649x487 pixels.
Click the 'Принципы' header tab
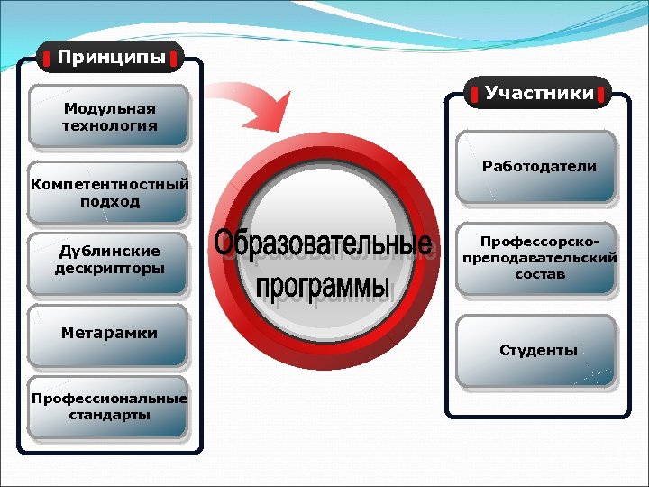tap(111, 58)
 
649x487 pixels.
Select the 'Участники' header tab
tap(539, 92)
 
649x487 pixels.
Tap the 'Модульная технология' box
tap(109, 116)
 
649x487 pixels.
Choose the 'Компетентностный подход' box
tap(109, 192)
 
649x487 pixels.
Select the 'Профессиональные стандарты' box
tap(109, 407)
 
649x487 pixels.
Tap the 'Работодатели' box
tap(538, 167)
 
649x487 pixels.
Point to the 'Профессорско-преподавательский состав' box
tap(538, 259)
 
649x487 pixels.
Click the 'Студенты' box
tap(538, 350)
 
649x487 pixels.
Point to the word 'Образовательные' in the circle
tap(323, 244)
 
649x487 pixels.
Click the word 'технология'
tap(109, 125)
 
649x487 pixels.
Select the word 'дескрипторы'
tap(109, 269)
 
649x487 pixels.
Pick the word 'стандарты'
tap(109, 416)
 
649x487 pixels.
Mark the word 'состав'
tap(539, 274)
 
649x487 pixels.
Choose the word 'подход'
tap(109, 201)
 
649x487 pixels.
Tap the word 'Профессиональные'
tap(109, 399)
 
